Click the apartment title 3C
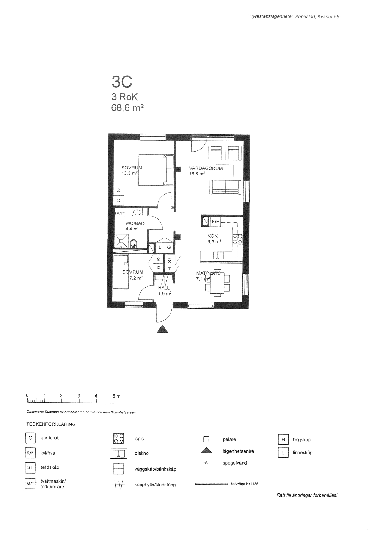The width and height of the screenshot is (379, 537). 122,82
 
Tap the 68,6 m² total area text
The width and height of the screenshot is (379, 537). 128,108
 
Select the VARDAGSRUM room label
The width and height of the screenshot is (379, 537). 206,168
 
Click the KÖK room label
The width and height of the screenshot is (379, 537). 213,236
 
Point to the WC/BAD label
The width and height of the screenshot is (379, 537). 135,223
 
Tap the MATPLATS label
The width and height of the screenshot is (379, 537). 208,273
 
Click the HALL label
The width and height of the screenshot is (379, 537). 164,288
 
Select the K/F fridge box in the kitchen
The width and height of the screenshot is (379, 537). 215,222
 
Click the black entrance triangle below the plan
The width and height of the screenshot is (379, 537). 162,329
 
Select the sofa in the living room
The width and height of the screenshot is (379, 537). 225,187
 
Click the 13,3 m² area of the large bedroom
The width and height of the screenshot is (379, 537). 129,173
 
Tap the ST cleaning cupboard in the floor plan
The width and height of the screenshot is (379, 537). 170,260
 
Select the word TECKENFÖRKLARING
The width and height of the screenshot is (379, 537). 51,424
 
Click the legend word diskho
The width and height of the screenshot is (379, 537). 141,453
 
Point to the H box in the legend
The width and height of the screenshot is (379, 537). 283,439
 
